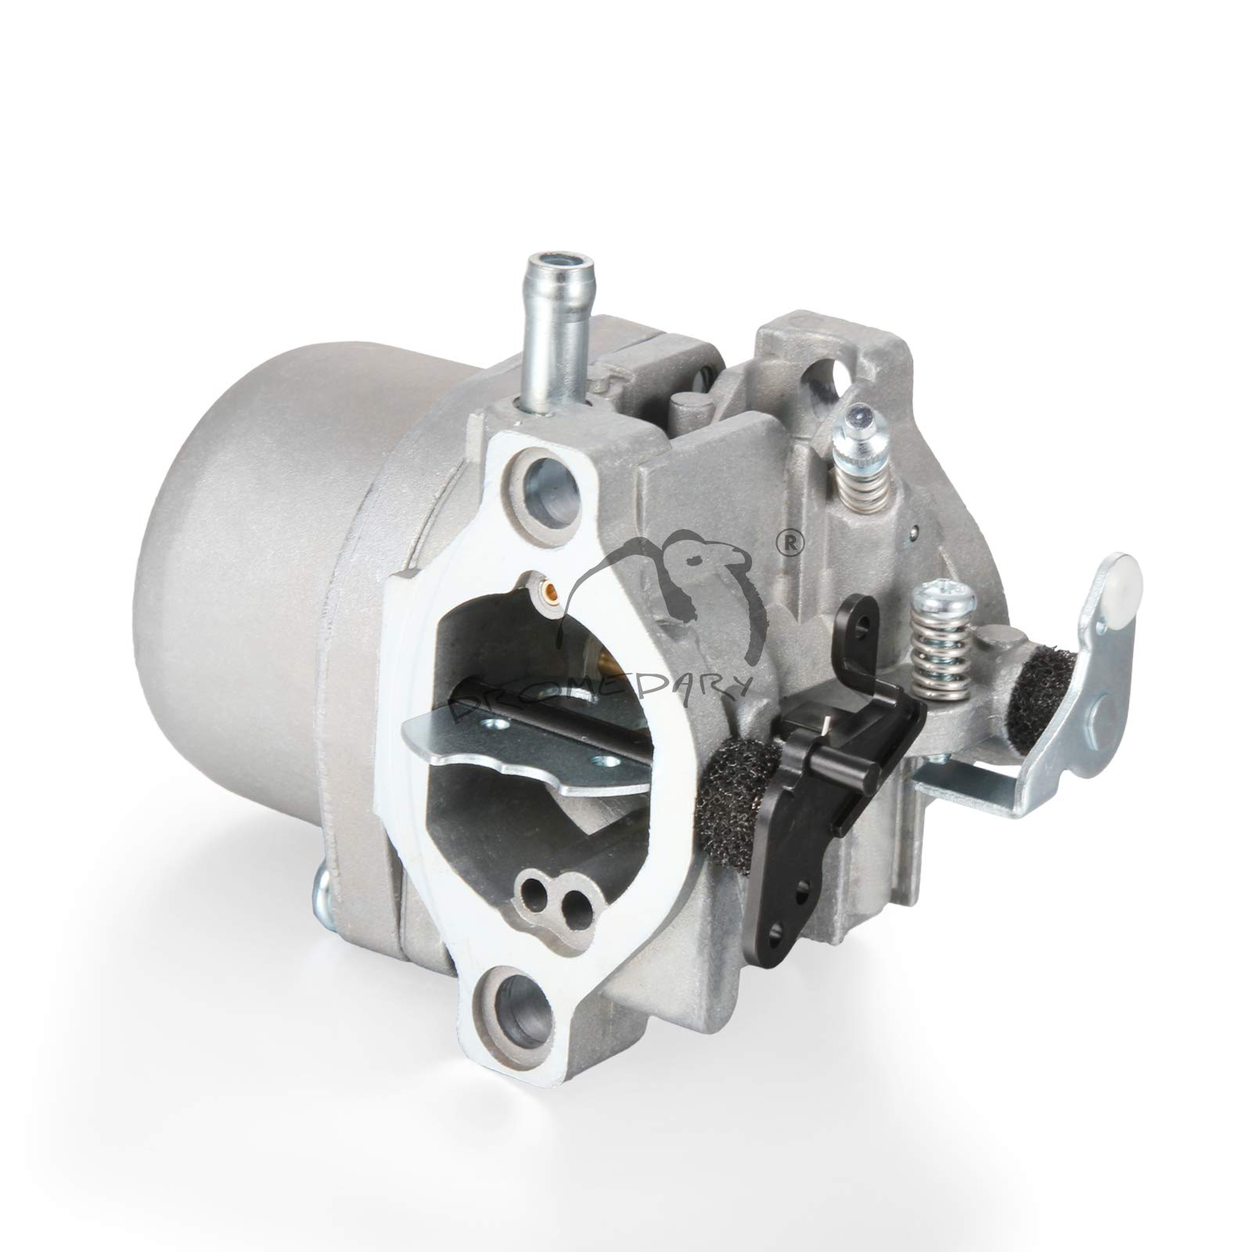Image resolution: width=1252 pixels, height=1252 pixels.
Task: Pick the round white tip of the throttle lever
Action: [x=1120, y=575]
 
